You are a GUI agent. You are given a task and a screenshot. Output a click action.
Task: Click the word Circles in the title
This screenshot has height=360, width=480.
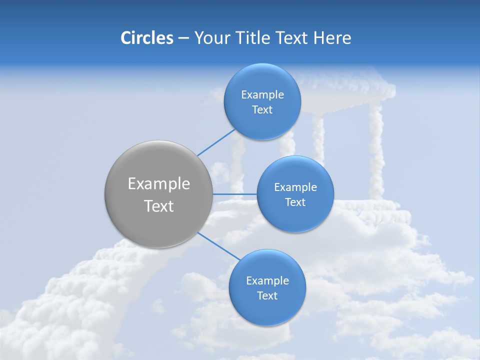tap(146, 37)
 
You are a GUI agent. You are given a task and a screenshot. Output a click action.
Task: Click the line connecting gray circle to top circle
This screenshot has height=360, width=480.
tap(216, 143)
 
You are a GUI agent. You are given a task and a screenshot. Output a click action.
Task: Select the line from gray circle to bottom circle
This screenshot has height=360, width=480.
tap(219, 246)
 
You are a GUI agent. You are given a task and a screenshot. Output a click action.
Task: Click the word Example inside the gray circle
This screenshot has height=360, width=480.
tap(159, 184)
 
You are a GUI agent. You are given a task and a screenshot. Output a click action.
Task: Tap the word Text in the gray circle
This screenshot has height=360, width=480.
tap(159, 206)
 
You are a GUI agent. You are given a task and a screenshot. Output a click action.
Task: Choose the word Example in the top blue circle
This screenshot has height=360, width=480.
tap(262, 95)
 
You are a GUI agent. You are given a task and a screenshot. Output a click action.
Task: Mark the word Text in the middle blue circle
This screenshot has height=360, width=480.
tap(295, 202)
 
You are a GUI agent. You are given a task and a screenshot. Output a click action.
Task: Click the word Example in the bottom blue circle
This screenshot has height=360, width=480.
tap(267, 280)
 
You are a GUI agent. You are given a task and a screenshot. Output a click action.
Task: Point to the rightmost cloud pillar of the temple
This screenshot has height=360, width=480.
tap(376, 150)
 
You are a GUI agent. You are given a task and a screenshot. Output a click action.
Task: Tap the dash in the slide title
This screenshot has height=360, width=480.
tap(183, 38)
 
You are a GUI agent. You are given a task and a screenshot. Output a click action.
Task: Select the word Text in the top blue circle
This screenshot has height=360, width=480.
tap(262, 110)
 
